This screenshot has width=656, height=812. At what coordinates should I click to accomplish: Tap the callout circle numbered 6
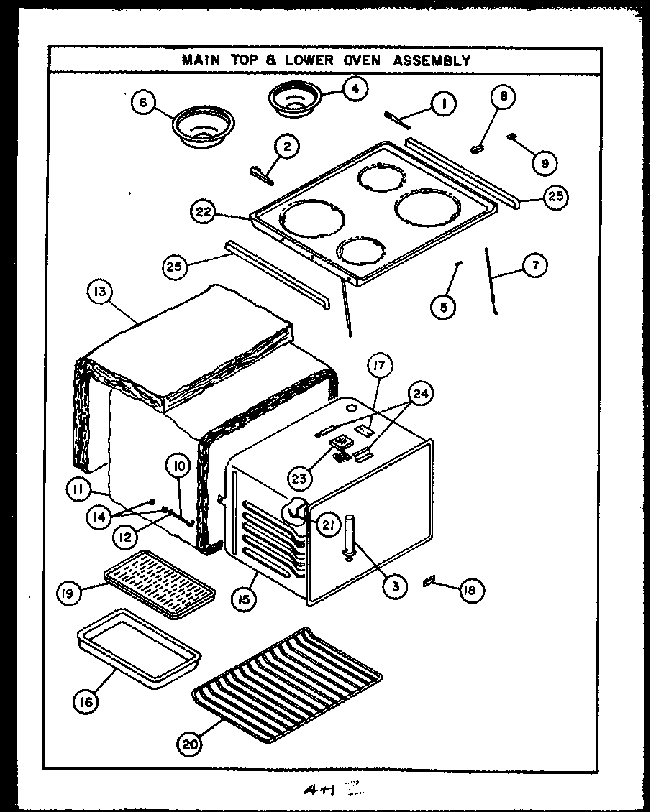click(143, 103)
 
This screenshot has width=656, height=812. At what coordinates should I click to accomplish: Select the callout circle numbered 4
click(355, 88)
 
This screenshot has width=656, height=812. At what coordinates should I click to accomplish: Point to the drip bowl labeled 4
click(295, 98)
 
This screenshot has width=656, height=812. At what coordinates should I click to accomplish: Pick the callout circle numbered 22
click(204, 211)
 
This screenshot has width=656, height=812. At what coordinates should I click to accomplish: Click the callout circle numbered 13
click(99, 292)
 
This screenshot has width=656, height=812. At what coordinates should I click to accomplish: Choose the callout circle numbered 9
click(545, 163)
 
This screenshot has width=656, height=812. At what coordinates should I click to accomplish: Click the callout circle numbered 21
click(329, 526)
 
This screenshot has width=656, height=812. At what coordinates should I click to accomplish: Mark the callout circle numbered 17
click(378, 366)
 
